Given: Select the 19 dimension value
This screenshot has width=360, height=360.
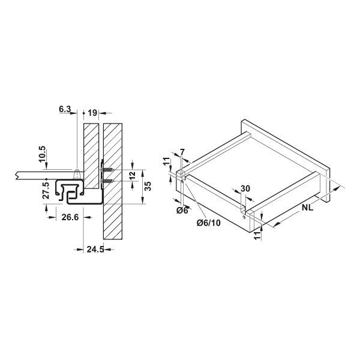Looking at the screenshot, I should [x=92, y=112].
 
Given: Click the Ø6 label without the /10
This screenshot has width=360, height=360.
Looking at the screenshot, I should [x=183, y=211].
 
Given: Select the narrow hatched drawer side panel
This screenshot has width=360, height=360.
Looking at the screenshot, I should [x=91, y=153].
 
